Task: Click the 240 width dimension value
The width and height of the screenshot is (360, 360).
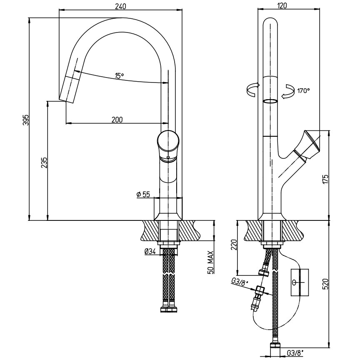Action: pyautogui.click(x=120, y=6)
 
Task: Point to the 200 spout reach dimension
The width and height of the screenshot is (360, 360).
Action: pyautogui.click(x=117, y=120)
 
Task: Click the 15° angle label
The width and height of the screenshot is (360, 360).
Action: pyautogui.click(x=120, y=76)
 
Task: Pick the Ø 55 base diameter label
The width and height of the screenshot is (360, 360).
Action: pyautogui.click(x=143, y=194)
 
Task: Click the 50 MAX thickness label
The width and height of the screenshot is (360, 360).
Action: pyautogui.click(x=211, y=262)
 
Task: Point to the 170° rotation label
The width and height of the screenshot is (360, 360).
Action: pyautogui.click(x=303, y=90)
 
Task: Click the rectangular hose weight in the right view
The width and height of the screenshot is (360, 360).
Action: pyautogui.click(x=300, y=282)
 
